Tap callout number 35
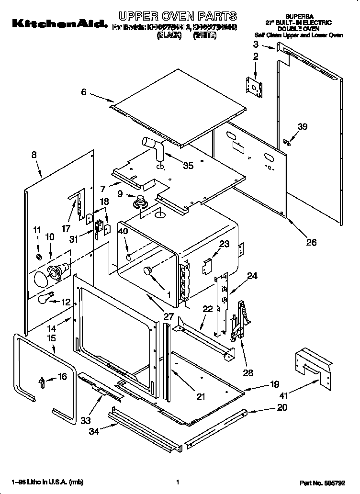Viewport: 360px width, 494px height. click(188, 166)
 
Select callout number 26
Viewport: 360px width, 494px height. click(311, 243)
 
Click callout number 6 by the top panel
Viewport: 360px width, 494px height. click(84, 92)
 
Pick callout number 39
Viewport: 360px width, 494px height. click(302, 127)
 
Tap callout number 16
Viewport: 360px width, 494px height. click(62, 377)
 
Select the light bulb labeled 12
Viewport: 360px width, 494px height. click(43, 299)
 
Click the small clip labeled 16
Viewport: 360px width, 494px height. click(42, 381)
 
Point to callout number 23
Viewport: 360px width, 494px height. click(224, 244)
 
